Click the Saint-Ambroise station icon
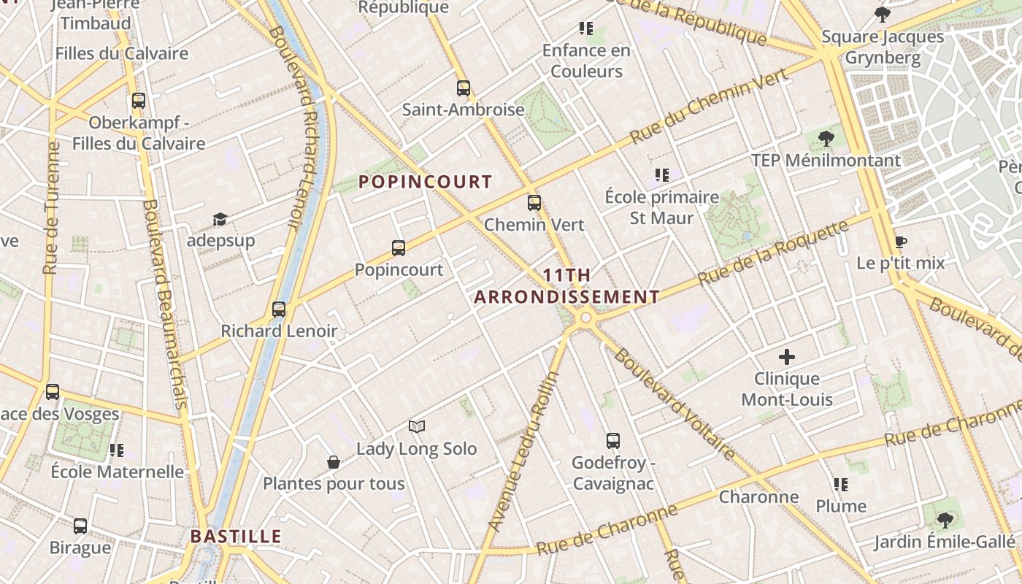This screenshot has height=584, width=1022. point(464,88)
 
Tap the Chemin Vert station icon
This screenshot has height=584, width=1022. point(534,203)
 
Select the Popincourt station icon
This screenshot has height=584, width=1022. point(399,248)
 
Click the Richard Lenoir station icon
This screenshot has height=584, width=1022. point(279,310)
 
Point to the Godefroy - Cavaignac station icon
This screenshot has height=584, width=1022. point(613,441)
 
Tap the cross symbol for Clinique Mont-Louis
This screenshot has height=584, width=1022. point(787,357)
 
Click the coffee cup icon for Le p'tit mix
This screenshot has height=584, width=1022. point(901,242)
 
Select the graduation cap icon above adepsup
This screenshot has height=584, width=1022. point(220,219)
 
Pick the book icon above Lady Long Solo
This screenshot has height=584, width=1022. point(417,426)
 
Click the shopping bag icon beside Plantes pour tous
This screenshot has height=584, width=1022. point(334,462)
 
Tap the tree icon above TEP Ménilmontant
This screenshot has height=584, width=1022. point(826,138)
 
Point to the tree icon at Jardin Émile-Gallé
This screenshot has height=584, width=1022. point(945,520)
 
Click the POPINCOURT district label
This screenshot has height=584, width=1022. point(426,182)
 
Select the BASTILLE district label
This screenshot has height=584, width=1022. point(236,537)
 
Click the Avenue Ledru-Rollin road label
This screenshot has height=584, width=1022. point(523,451)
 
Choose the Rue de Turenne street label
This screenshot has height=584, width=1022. point(51,208)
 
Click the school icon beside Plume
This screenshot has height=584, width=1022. point(841,484)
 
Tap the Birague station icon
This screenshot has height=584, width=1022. point(80,526)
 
